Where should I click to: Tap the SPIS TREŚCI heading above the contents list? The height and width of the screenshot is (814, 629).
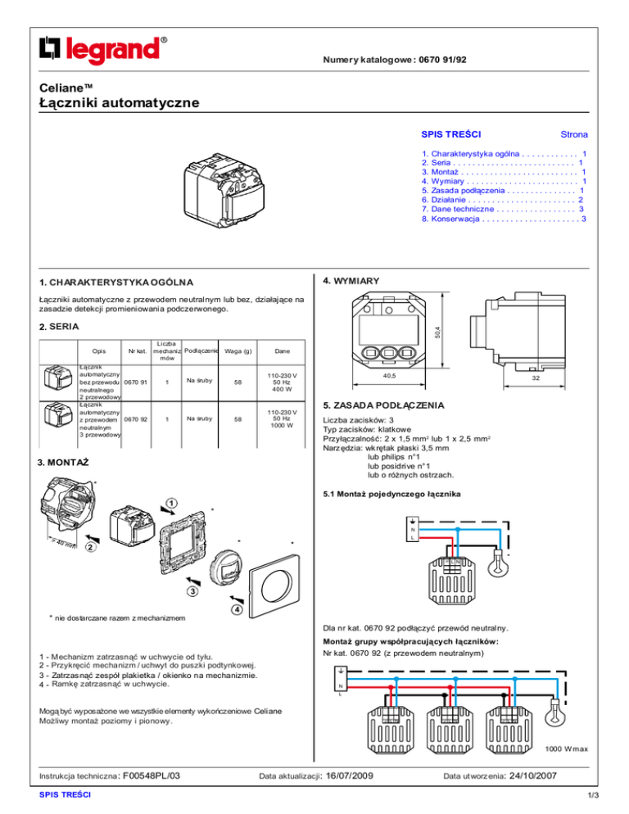pyautogui.click(x=450, y=133)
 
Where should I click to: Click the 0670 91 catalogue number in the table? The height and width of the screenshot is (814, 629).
pyautogui.click(x=135, y=380)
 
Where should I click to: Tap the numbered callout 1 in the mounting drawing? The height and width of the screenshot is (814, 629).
pyautogui.click(x=171, y=500)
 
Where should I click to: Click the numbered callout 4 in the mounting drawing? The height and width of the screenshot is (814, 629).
pyautogui.click(x=237, y=610)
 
